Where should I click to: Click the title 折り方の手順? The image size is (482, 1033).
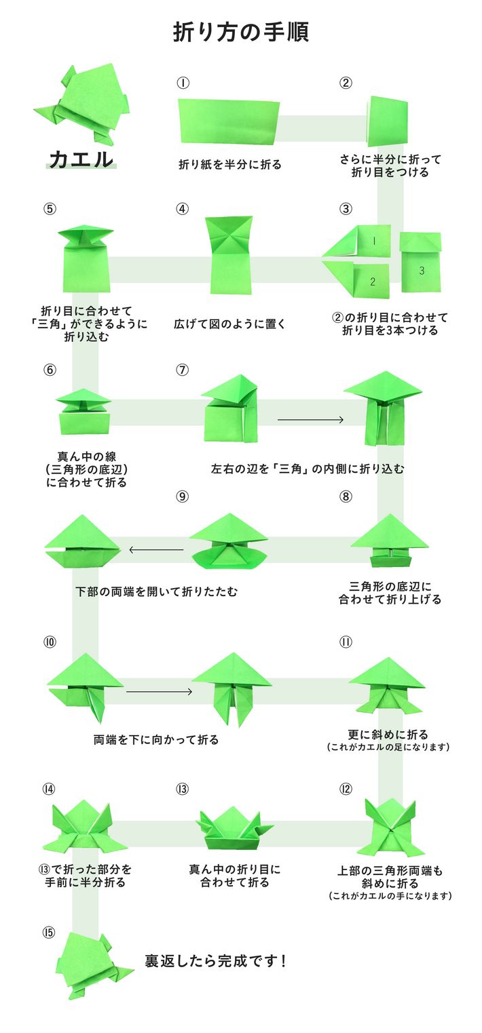pyautogui.click(x=240, y=32)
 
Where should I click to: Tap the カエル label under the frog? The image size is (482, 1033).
pyautogui.click(x=81, y=160)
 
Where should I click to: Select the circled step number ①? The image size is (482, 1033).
pyautogui.click(x=182, y=83)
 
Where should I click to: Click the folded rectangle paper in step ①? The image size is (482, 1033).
pyautogui.click(x=229, y=121)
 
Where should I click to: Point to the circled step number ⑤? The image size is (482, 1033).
pyautogui.click(x=49, y=208)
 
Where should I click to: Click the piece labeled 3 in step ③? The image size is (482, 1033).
pyautogui.click(x=420, y=263)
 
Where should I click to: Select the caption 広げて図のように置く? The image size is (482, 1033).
pyautogui.click(x=229, y=324)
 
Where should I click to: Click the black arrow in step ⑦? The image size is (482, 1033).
pyautogui.click(x=310, y=420)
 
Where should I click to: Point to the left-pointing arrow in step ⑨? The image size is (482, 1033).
pyautogui.click(x=156, y=549)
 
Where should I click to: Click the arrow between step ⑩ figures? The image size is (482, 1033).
pyautogui.click(x=160, y=692)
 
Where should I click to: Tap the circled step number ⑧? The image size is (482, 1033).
pyautogui.click(x=346, y=496)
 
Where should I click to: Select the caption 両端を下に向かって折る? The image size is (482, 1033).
pyautogui.click(x=156, y=739)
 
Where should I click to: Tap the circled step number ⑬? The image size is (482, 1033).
pyautogui.click(x=182, y=789)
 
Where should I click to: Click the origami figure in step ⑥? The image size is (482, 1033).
pyautogui.click(x=84, y=411)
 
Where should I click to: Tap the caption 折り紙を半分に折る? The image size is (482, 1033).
pyautogui.click(x=229, y=164)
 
